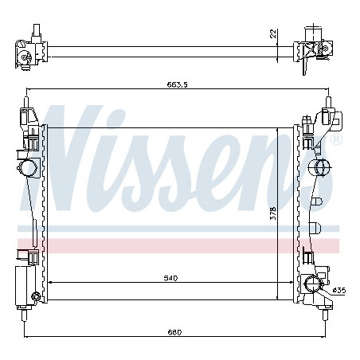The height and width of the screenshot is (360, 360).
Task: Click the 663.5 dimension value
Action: point(177,84)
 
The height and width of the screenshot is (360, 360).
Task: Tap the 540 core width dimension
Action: point(170,278)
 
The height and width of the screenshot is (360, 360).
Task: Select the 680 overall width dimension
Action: point(174,332)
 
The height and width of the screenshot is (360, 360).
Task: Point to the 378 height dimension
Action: point(273,213)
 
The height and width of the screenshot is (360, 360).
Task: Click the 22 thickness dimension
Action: point(273,33)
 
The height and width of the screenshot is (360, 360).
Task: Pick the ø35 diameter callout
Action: point(339,291)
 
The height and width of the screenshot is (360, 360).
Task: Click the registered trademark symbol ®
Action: point(337,139)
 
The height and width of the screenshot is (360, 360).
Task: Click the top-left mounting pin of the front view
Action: point(26,102)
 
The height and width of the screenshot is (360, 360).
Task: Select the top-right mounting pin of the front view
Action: point(328,102)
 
